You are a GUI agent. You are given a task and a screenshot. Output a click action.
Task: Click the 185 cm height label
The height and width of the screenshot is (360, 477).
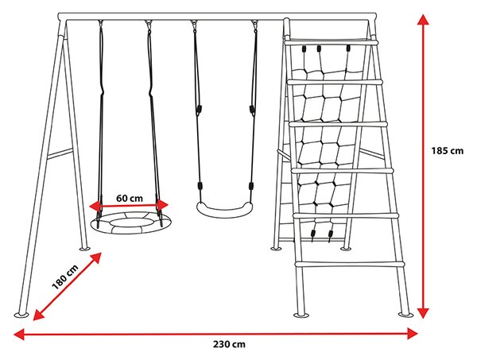tap(447, 150)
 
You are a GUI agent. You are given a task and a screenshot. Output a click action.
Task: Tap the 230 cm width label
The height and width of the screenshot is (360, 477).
tap(229, 344)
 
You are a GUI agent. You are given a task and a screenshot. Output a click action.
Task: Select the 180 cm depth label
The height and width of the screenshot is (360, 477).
tap(65, 277)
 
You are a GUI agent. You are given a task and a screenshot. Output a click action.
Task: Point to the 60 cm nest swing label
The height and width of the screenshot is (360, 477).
tap(130, 198)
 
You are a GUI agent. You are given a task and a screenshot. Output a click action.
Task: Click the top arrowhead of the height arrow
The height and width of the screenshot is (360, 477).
tap(423, 19)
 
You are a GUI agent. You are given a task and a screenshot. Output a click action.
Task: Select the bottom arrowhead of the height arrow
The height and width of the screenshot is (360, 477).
tap(423, 313)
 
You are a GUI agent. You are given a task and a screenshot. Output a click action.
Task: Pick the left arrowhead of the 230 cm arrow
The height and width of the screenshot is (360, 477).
tap(19, 334)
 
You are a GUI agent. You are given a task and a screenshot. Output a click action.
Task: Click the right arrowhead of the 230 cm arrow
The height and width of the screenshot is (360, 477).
tap(413, 334)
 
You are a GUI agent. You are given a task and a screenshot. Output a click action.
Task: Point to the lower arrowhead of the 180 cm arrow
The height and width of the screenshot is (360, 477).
tap(38, 315)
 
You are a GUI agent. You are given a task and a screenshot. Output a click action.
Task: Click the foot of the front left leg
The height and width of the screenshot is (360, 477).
tap(22, 315)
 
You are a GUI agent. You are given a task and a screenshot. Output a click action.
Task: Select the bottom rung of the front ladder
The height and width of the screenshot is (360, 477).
tap(351, 264)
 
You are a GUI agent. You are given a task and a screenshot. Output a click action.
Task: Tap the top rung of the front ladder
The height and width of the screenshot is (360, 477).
tap(331, 43)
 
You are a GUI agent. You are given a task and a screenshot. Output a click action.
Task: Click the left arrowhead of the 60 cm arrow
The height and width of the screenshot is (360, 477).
tap(95, 206)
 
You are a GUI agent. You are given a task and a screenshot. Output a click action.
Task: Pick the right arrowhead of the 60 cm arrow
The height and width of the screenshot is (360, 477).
tap(163, 205)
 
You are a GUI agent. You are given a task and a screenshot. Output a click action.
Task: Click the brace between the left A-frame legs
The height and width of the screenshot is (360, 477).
tap(60, 154)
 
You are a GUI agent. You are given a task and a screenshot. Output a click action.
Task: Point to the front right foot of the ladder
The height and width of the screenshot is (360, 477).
tap(406, 314)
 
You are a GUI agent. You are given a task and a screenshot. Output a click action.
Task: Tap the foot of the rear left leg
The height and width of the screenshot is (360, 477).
tap(84, 249)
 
